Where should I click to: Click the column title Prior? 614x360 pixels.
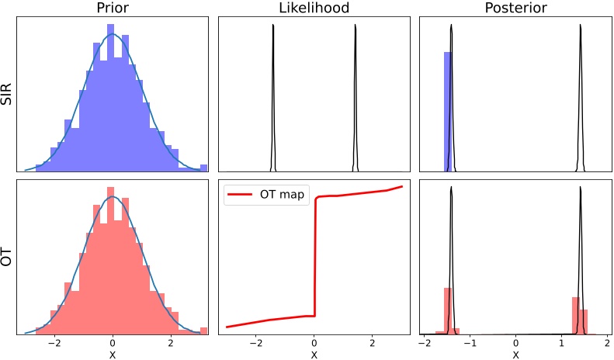coord(113,9)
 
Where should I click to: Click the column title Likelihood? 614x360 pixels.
coord(314,9)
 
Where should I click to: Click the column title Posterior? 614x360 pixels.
coord(515,9)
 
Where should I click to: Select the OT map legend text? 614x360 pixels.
coord(283,196)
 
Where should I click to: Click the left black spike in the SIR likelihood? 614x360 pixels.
coord(273,93)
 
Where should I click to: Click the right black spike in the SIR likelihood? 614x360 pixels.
coord(355,93)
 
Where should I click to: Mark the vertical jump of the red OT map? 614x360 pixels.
coord(314,256)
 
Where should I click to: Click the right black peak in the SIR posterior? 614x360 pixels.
coord(581,93)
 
